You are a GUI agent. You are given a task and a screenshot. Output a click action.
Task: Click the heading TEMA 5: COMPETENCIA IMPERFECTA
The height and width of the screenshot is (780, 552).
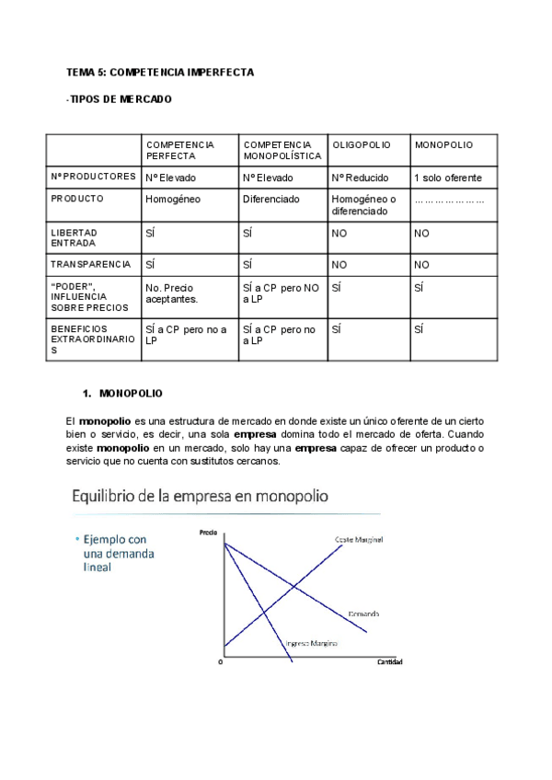coord(160,71)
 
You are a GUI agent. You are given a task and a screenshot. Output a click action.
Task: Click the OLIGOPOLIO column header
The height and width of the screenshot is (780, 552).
coord(361,145)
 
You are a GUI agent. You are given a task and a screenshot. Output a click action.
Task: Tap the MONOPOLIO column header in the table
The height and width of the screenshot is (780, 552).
coord(443,145)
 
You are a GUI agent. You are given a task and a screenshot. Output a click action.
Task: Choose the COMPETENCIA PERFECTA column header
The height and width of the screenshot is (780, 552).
coord(179,151)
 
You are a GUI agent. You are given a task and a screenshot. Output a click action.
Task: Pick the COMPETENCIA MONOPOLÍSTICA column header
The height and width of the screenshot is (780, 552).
coord(279,151)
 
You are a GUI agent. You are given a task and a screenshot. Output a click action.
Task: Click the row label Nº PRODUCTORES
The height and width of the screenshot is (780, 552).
coord(90,178)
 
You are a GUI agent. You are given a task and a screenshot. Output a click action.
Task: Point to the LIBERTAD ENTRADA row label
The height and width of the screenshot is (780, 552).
coord(75,237)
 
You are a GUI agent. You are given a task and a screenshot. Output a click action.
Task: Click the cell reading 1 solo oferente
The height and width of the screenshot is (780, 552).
coord(448,178)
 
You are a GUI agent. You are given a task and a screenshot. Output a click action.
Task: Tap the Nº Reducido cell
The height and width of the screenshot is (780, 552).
coord(360,178)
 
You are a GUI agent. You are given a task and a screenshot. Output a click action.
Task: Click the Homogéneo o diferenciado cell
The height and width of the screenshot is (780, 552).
coord(363,204)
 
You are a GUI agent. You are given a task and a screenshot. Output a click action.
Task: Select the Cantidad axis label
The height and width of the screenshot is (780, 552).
coord(389,662)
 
